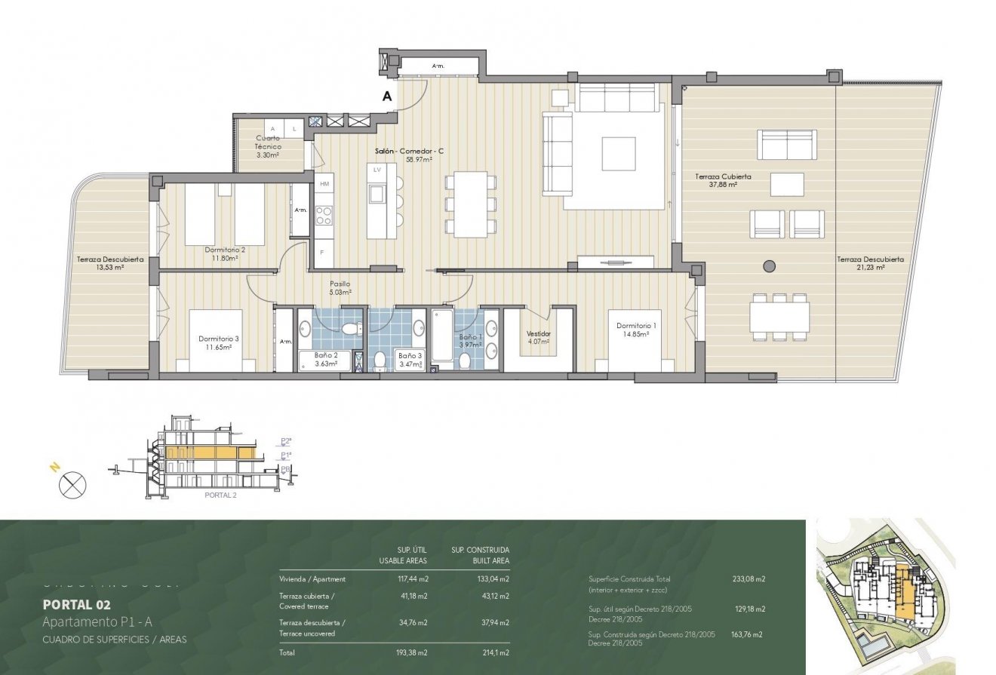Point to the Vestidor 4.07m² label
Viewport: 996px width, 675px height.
pyautogui.click(x=538, y=337)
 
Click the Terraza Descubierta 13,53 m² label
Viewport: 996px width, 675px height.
pyautogui.click(x=100, y=262)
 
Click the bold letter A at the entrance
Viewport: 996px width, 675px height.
pyautogui.click(x=387, y=97)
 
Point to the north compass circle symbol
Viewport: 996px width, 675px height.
pyautogui.click(x=72, y=484)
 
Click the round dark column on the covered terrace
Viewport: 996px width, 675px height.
pyautogui.click(x=769, y=265)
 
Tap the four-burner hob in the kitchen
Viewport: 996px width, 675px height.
pyautogui.click(x=324, y=216)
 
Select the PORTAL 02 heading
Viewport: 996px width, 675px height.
pyautogui.click(x=77, y=604)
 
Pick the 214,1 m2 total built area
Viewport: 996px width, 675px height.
pyautogui.click(x=494, y=653)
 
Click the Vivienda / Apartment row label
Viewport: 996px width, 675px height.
pyautogui.click(x=312, y=579)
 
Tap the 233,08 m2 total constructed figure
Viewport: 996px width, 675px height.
pyautogui.click(x=749, y=579)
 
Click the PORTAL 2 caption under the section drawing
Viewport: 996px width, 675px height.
pyautogui.click(x=220, y=496)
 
